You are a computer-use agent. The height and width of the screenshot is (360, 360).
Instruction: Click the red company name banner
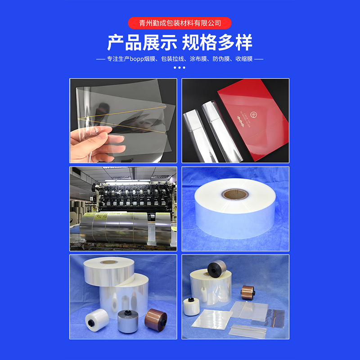[x=180, y=23]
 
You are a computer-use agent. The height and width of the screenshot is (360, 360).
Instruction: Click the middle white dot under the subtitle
[x=180, y=68]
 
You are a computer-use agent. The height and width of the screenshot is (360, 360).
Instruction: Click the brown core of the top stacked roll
[x=108, y=261]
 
